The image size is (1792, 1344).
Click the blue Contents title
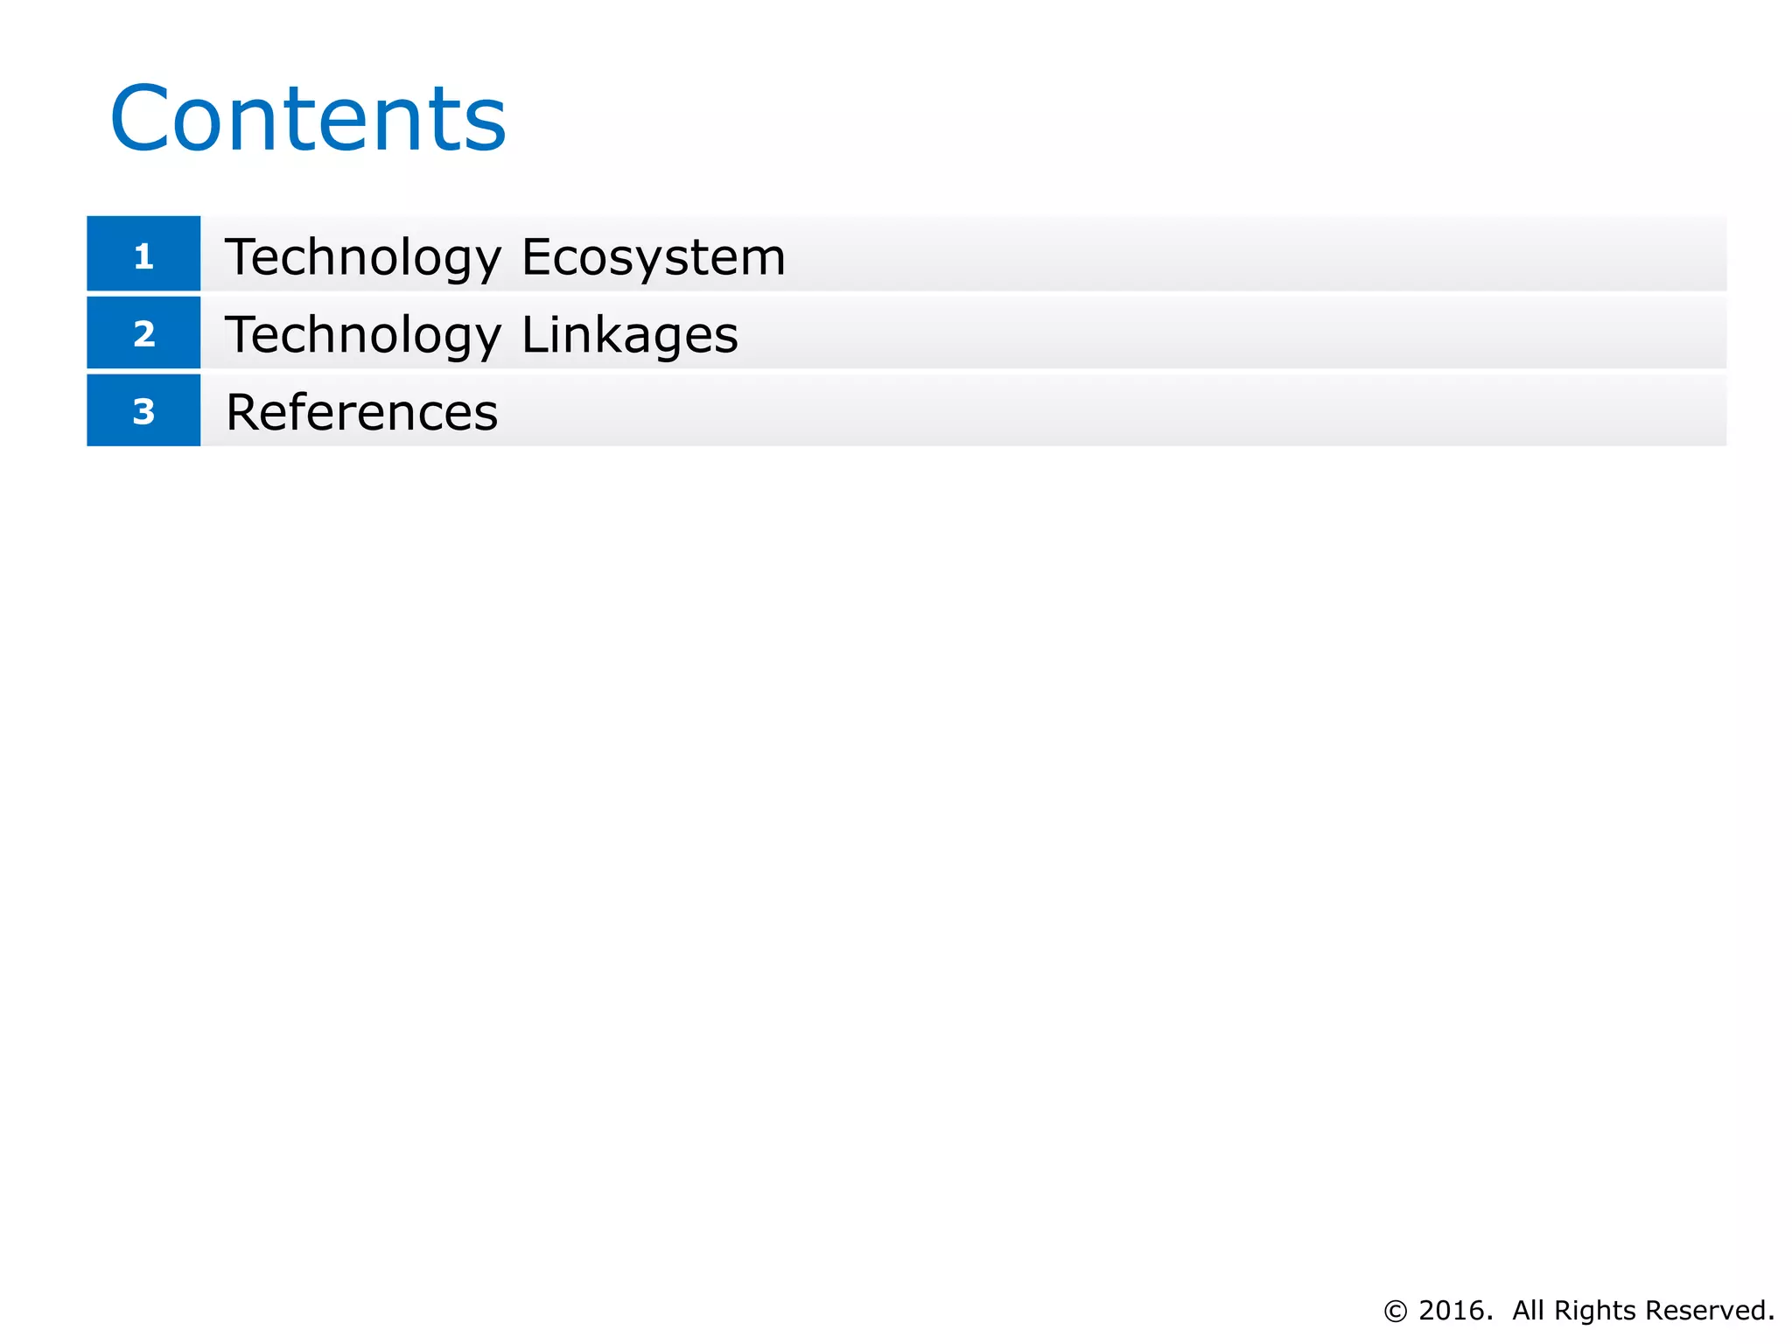point(308,118)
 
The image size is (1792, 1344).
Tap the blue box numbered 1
point(143,254)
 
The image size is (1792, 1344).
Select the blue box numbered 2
point(143,332)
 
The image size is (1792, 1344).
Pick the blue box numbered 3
point(143,410)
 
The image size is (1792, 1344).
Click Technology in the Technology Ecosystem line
point(363,257)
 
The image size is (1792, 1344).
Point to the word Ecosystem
point(654,257)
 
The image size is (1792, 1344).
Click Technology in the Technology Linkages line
point(363,335)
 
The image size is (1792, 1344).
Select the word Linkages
point(630,335)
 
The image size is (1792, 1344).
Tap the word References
point(361,412)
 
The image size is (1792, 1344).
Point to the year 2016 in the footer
point(1454,1310)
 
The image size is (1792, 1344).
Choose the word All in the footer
point(1528,1310)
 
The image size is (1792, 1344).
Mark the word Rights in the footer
point(1594,1310)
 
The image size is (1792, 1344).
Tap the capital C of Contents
point(140,118)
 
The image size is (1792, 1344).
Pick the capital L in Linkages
point(535,334)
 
